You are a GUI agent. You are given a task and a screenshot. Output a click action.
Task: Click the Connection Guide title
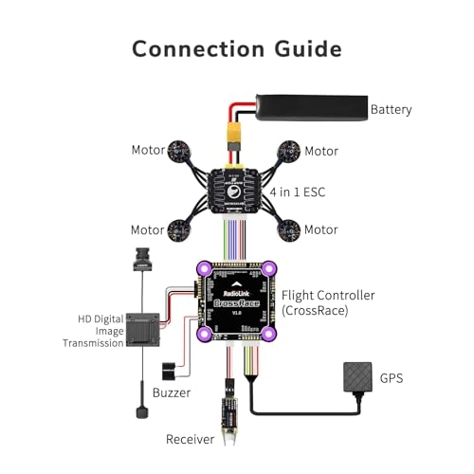point(236,48)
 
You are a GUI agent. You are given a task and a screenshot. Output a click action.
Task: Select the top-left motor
point(178,149)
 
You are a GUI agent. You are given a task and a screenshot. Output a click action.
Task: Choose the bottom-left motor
point(178,228)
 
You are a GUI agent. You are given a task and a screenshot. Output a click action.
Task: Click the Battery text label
point(391,109)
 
